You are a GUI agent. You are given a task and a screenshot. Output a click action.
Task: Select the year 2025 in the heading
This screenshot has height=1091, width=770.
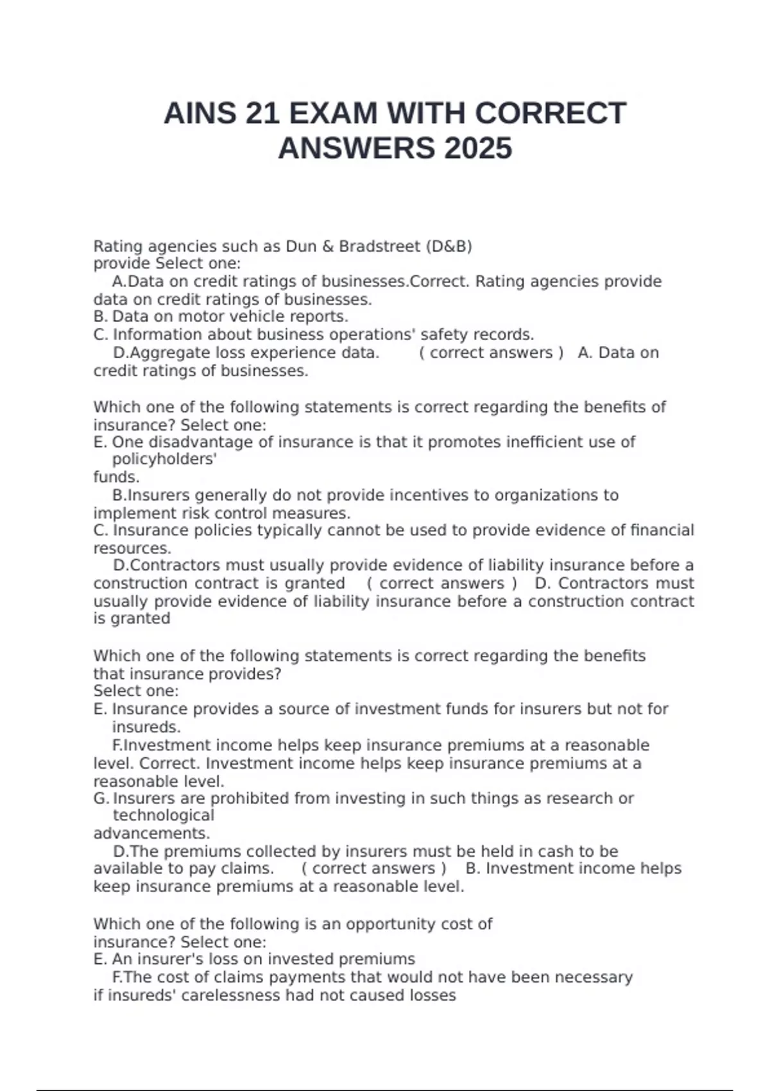coord(477,149)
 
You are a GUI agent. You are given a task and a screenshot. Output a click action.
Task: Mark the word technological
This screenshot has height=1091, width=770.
coord(163,815)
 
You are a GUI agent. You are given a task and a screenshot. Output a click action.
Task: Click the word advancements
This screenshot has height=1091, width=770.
coord(151,833)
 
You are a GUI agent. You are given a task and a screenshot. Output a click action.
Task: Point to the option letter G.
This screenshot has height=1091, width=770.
coord(101,798)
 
